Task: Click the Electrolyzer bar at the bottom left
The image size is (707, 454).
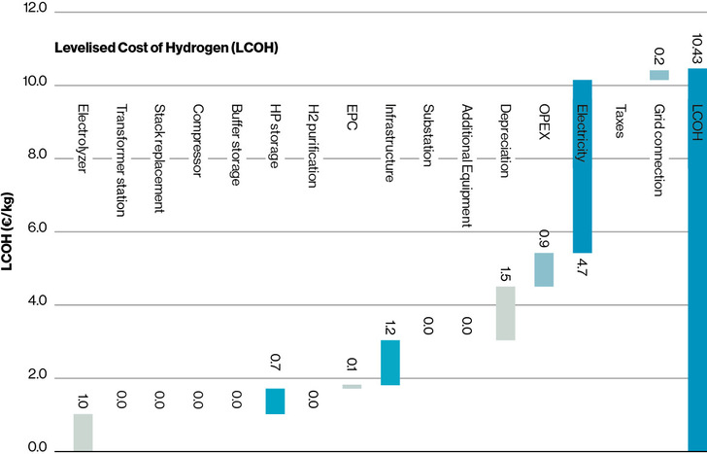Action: (x=83, y=432)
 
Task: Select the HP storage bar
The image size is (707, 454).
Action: (x=275, y=401)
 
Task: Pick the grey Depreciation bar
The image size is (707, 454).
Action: (x=505, y=312)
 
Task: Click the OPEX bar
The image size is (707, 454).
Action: (x=544, y=269)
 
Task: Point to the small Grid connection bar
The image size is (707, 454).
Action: (x=658, y=75)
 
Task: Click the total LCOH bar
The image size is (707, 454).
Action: (x=696, y=258)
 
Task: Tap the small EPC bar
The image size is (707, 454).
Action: (x=352, y=386)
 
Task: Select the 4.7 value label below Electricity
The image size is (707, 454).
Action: (x=582, y=267)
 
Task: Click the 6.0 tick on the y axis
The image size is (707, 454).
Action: (x=36, y=230)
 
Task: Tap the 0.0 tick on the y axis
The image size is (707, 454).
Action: (x=36, y=448)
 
